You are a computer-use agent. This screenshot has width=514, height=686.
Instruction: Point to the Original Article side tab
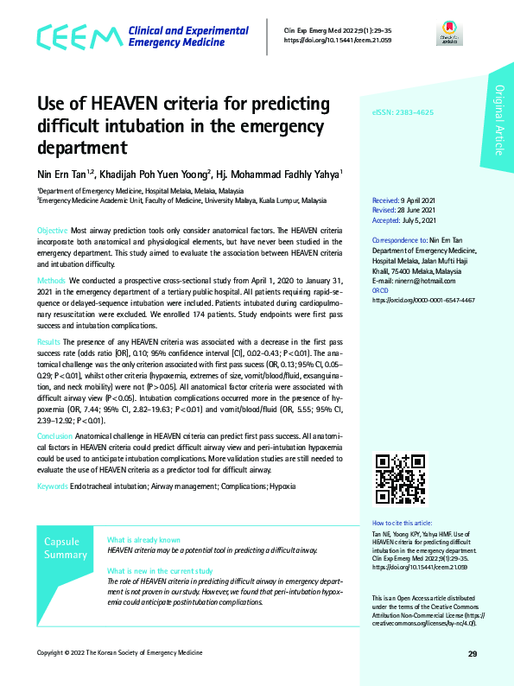498,122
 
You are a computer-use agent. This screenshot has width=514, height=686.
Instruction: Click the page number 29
473,653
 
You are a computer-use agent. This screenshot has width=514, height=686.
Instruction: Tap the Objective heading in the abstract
52,232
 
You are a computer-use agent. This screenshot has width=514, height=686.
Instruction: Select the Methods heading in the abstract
52,281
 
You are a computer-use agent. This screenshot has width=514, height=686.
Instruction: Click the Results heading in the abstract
49,343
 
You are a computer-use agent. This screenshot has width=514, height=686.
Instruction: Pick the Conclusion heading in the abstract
54,435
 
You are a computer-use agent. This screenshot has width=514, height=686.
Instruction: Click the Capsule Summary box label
66,548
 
